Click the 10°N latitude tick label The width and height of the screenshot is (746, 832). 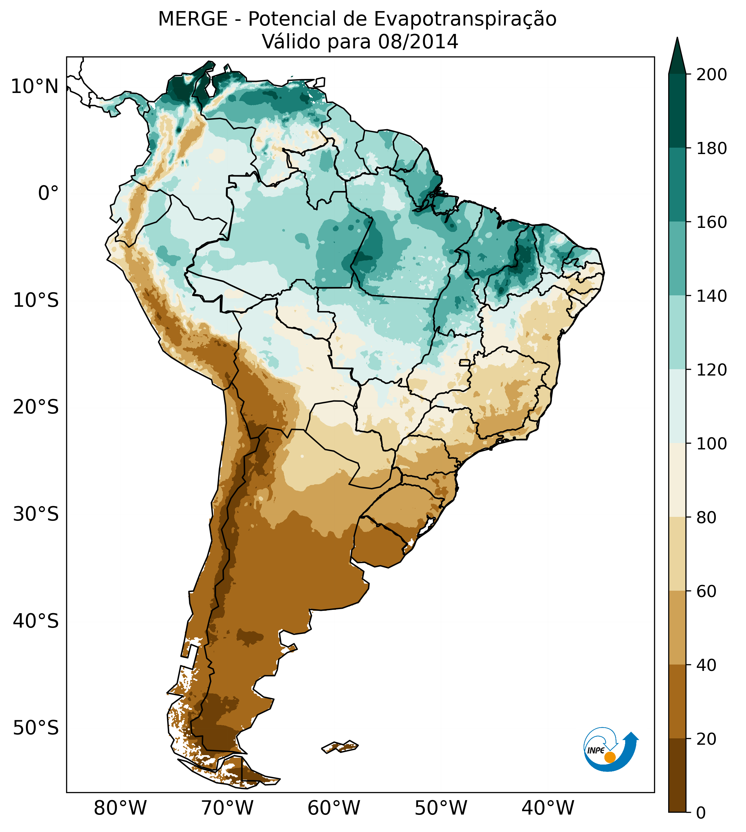click(x=35, y=87)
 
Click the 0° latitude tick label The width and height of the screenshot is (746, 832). click(x=48, y=193)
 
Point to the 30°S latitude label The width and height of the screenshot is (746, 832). click(x=36, y=514)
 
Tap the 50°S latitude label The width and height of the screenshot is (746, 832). click(x=36, y=728)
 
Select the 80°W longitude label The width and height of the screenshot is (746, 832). click(x=120, y=808)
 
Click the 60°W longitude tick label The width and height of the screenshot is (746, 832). click(x=334, y=808)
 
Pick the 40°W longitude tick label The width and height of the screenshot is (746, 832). click(x=548, y=808)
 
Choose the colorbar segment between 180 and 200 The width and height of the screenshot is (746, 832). click(x=677, y=111)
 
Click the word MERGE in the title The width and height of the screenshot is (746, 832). click(x=193, y=19)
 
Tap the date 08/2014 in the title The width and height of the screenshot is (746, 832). click(x=418, y=42)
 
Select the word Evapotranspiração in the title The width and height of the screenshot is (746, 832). click(x=465, y=19)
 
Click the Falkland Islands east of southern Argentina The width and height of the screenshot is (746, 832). click(x=340, y=747)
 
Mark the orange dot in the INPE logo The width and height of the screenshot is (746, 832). click(x=610, y=757)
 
